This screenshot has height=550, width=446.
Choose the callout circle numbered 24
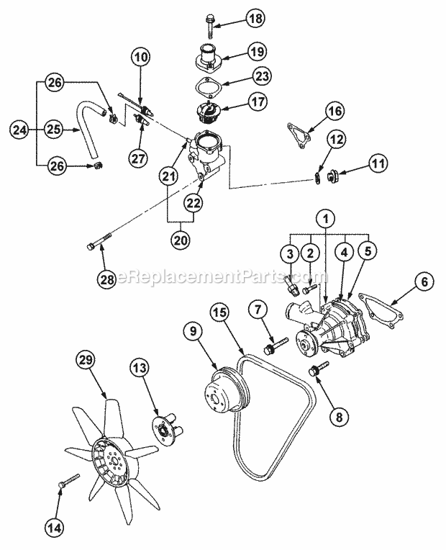pos(19,130)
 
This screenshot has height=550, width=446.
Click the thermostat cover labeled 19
pos(207,55)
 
